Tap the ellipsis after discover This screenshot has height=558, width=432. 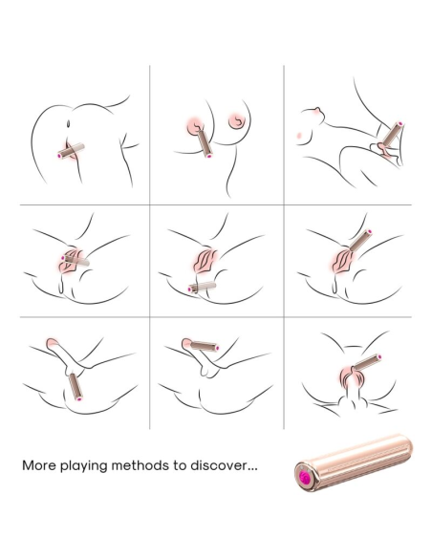pos(252,469)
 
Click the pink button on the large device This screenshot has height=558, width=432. pos(305,476)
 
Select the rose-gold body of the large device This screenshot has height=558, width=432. pos(354,462)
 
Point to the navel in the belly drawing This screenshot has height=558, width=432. pos(68,124)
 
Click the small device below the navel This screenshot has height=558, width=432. pos(71,151)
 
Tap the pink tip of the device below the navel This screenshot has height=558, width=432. pos(59,156)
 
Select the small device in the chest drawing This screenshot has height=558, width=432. pos(205,143)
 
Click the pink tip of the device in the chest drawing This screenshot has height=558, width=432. pos(209,155)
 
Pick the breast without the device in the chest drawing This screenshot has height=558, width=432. pos(236,120)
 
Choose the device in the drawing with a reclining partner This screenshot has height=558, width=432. pos(393,135)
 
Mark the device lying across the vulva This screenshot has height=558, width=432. pos(76,261)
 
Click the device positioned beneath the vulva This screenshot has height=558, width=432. pos(202,287)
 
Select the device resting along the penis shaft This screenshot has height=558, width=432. pos(205,346)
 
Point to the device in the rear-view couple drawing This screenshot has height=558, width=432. pos(367,362)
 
